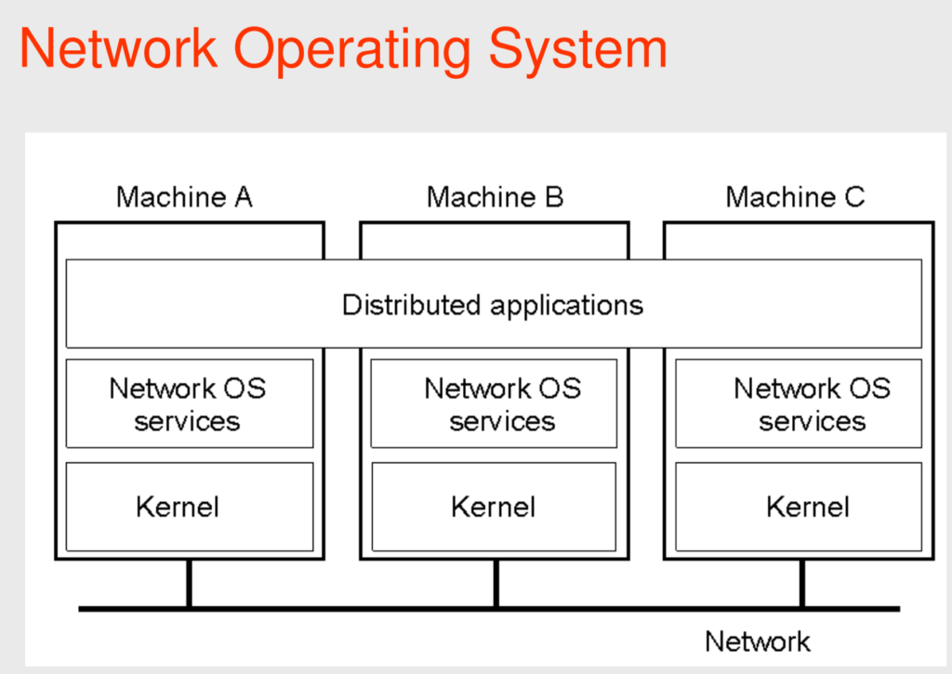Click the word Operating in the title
coord(354,51)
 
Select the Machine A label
coord(184,197)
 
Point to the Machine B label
coord(495,197)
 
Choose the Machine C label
coord(795,197)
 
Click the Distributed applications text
coord(493,305)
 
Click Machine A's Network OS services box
coord(190,403)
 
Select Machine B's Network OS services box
coord(494,403)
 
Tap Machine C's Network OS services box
coord(804,403)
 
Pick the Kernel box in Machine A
coord(190,507)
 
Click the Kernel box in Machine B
coord(494,507)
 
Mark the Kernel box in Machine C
coord(804,507)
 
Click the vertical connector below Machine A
coord(190,584)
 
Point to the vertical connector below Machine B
coord(496,584)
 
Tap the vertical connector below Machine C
coord(801,584)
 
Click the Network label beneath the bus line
coord(757,641)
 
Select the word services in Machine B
coord(502,421)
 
